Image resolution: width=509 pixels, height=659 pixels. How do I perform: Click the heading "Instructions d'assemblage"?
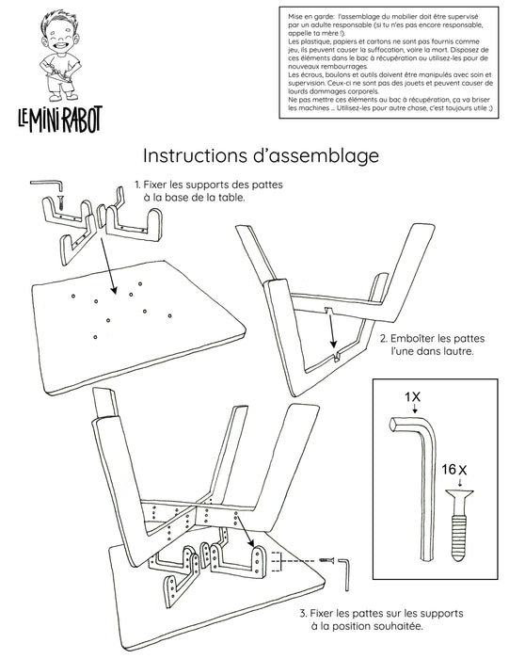(260, 153)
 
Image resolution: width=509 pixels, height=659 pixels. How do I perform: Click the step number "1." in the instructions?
(138, 185)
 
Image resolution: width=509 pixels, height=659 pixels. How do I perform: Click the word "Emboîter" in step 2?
(414, 336)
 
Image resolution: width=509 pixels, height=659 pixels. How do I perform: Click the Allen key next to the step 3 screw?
(343, 565)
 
